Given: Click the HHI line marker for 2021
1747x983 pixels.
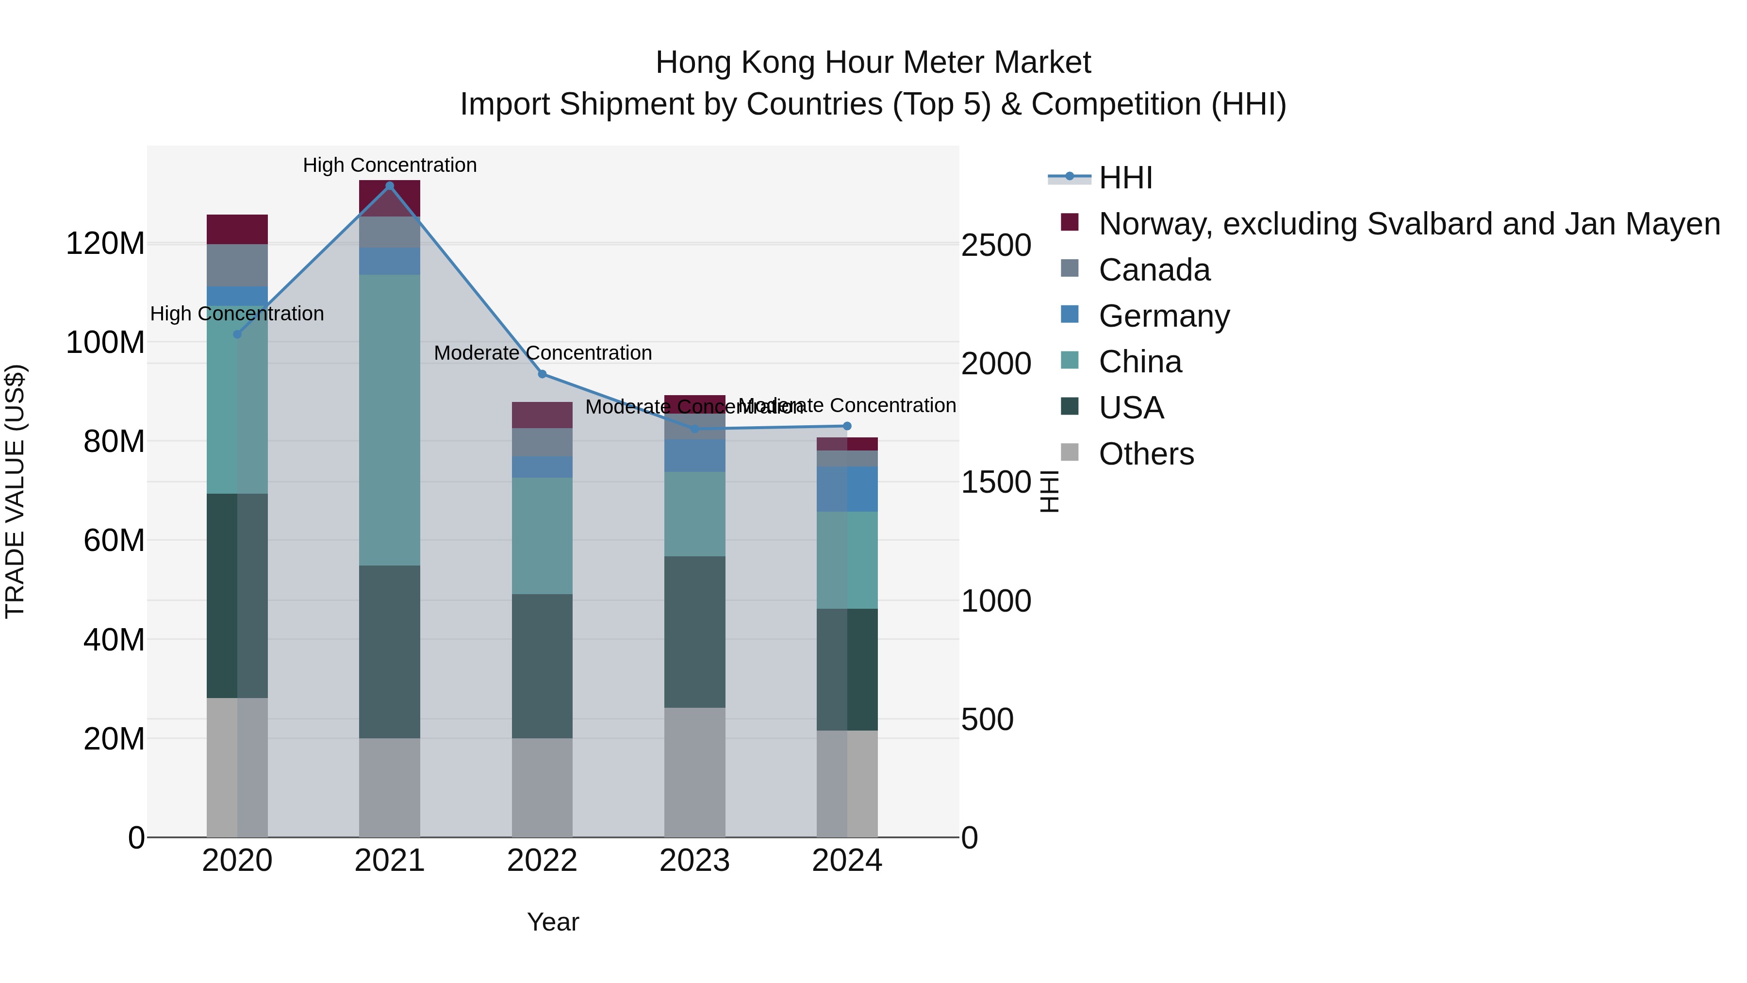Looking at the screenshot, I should tap(389, 186).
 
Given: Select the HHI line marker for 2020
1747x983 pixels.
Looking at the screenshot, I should tap(237, 334).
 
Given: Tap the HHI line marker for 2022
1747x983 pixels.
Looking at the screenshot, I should tap(542, 374).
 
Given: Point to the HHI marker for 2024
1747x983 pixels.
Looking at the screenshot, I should tap(847, 426).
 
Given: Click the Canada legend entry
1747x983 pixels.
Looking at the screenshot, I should tap(1154, 270).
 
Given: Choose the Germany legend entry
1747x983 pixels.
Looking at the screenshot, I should tap(1164, 316).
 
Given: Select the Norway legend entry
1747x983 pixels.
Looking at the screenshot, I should tap(1409, 224).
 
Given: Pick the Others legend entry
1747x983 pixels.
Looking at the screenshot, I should tap(1146, 454).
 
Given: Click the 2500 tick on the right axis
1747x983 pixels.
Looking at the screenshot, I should tap(996, 246).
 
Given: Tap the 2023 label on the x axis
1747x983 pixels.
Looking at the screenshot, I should tap(694, 861).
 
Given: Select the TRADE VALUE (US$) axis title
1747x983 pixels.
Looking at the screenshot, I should tap(15, 492).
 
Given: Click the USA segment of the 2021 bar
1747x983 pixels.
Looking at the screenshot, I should tap(389, 651).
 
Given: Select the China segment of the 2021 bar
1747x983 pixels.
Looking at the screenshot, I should tap(389, 420).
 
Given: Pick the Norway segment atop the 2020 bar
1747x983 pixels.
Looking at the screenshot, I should tap(237, 229).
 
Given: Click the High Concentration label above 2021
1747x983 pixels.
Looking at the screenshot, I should tap(389, 166).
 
